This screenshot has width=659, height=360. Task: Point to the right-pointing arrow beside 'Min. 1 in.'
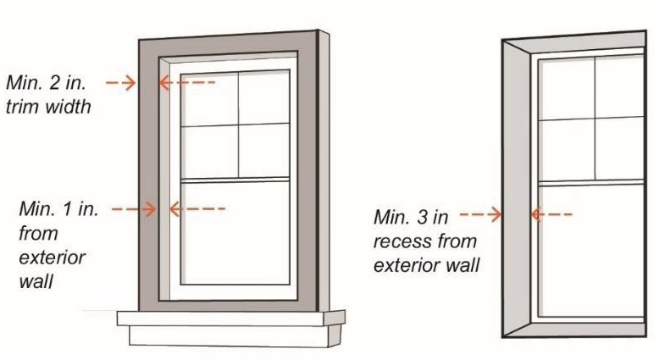(134, 208)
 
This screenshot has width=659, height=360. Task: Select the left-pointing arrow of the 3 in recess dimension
(550, 215)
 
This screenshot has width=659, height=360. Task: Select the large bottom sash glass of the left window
(236, 232)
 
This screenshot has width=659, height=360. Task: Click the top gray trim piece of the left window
(229, 48)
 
